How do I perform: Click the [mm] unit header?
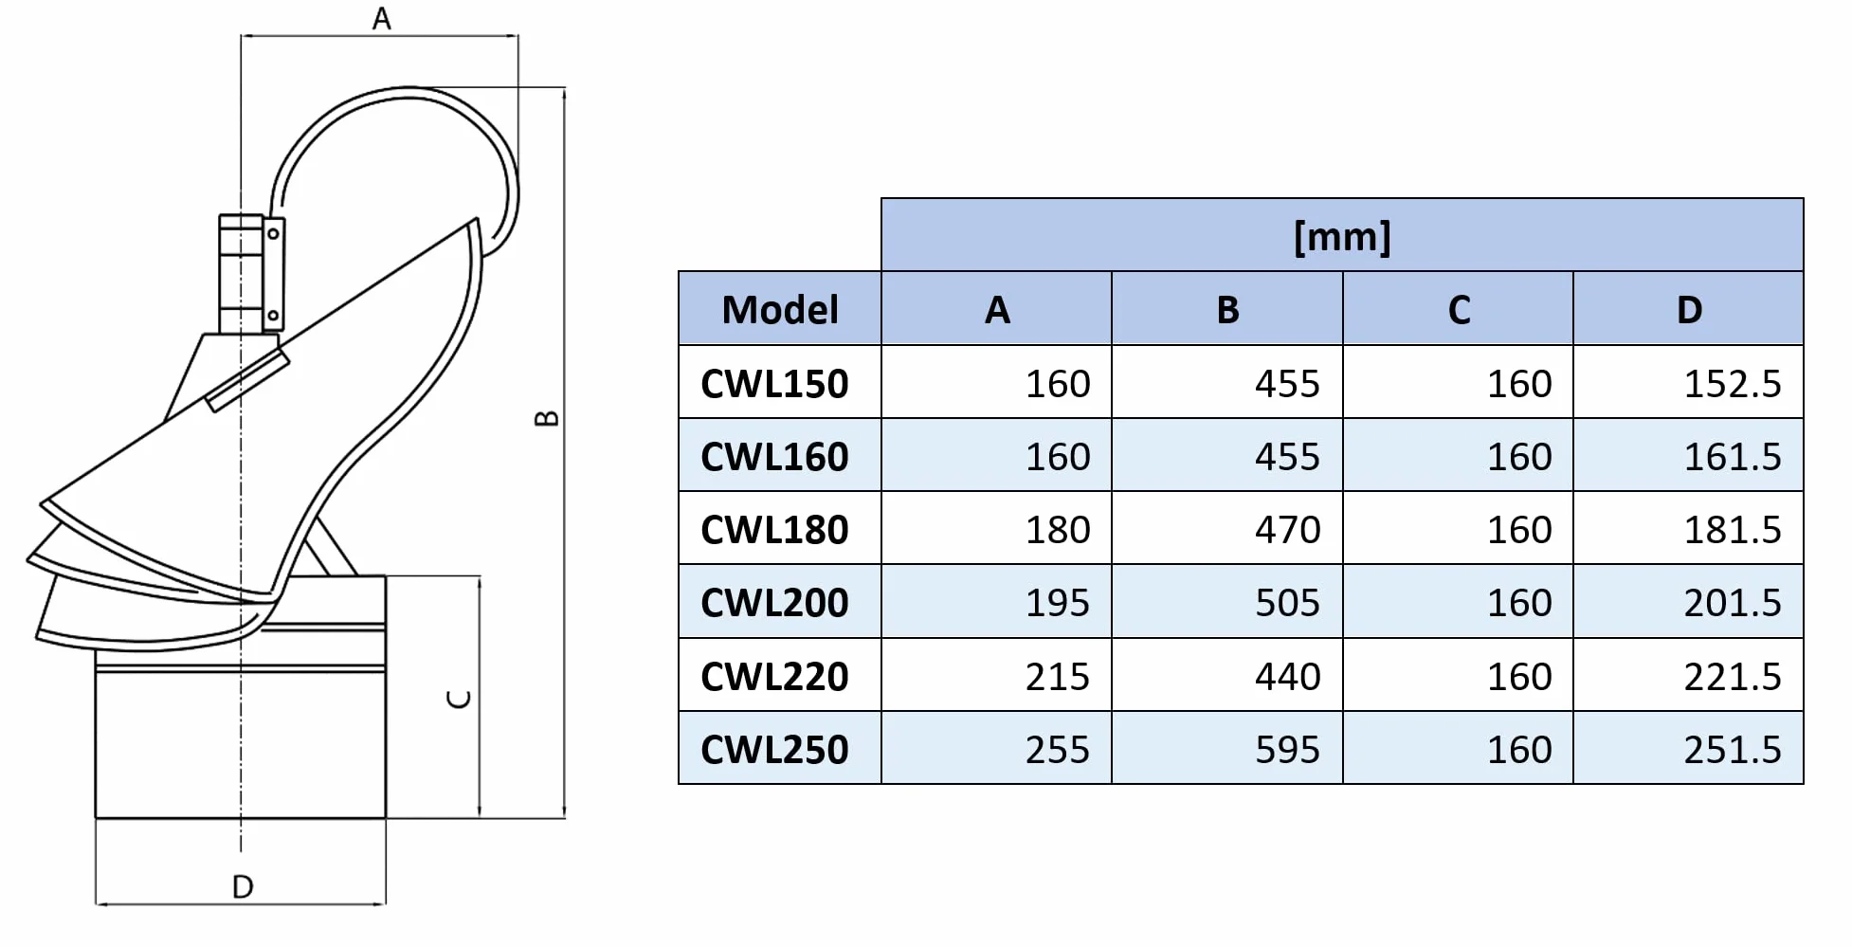[x=1342, y=236]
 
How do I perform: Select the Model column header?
[x=780, y=310]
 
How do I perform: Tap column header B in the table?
[x=1227, y=310]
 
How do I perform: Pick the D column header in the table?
[x=1689, y=310]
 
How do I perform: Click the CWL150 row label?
[x=774, y=384]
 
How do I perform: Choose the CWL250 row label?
[x=774, y=750]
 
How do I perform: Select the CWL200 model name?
[x=774, y=603]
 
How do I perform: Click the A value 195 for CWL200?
[x=1058, y=603]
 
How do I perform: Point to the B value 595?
[x=1287, y=750]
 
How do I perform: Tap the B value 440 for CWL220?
[x=1287, y=677]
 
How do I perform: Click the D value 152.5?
[x=1733, y=384]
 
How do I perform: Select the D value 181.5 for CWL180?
[x=1733, y=530]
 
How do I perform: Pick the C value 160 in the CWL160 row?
[x=1519, y=457]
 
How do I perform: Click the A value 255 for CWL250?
[x=1058, y=750]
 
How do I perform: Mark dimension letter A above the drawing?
[x=381, y=18]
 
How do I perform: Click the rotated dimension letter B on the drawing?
[x=547, y=418]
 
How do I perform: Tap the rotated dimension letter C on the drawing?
[x=458, y=700]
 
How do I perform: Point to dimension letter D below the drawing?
[x=243, y=887]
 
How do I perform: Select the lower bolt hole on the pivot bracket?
[x=274, y=316]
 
